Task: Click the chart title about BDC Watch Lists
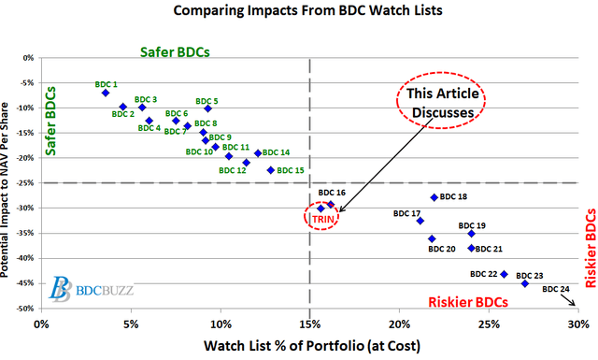(299, 12)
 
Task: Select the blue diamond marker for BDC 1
(106, 93)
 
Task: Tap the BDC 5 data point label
(207, 101)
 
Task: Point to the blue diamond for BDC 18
(434, 197)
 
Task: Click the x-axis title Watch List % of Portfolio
(308, 345)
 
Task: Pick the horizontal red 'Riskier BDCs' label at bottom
(468, 302)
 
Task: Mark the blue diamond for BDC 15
(271, 170)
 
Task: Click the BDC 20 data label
(442, 249)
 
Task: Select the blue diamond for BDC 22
(505, 274)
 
